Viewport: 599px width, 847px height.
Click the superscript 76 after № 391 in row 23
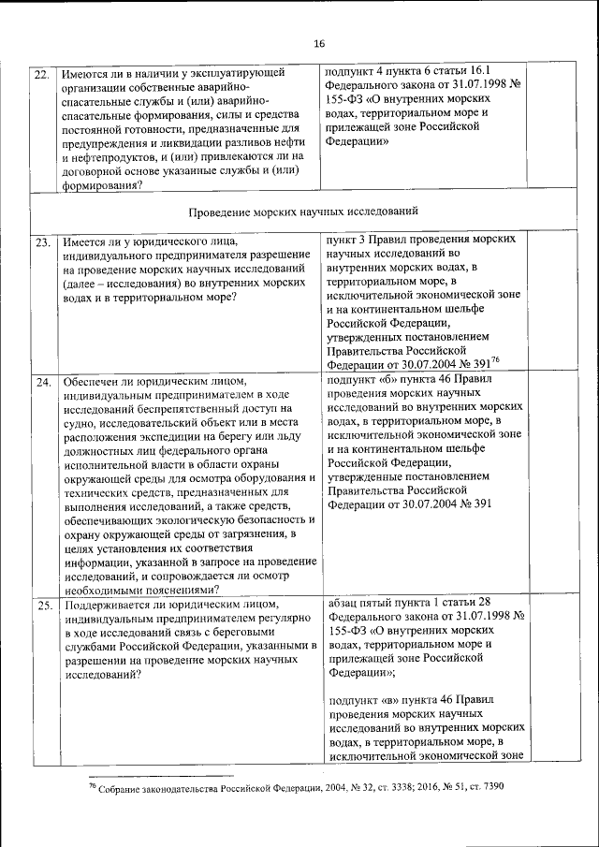click(495, 361)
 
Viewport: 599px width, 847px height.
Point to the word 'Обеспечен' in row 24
click(94, 383)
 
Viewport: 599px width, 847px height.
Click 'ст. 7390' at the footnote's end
click(483, 787)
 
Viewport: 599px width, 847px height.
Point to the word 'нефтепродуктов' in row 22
click(118, 157)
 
